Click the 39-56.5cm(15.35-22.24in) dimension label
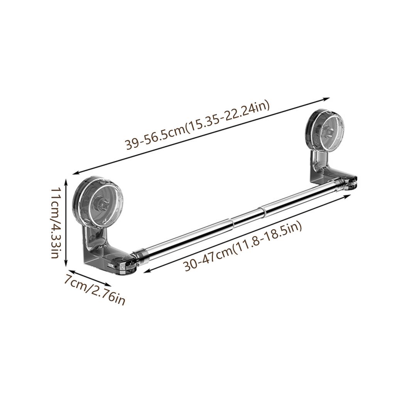tap(197, 126)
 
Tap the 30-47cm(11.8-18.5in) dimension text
tap(242, 246)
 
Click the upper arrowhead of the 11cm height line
tap(66, 180)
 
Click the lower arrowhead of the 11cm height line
tap(66, 263)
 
